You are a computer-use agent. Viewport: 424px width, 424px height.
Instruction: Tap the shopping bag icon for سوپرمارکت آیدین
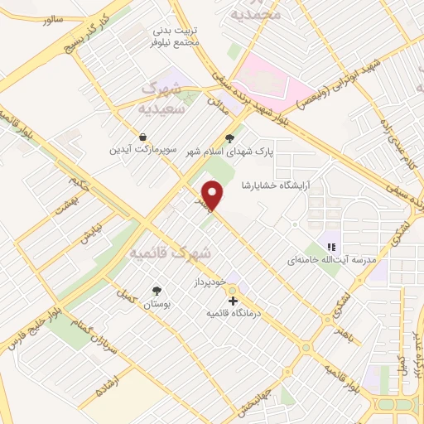click(143, 137)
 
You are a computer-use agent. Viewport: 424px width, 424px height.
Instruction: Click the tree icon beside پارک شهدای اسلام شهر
click(229, 138)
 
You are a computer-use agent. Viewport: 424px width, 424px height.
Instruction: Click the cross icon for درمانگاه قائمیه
click(233, 301)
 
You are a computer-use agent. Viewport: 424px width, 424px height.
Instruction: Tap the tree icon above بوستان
click(157, 290)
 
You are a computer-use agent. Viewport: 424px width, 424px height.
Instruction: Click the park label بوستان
click(157, 304)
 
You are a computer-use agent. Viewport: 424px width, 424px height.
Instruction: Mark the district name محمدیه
click(253, 13)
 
